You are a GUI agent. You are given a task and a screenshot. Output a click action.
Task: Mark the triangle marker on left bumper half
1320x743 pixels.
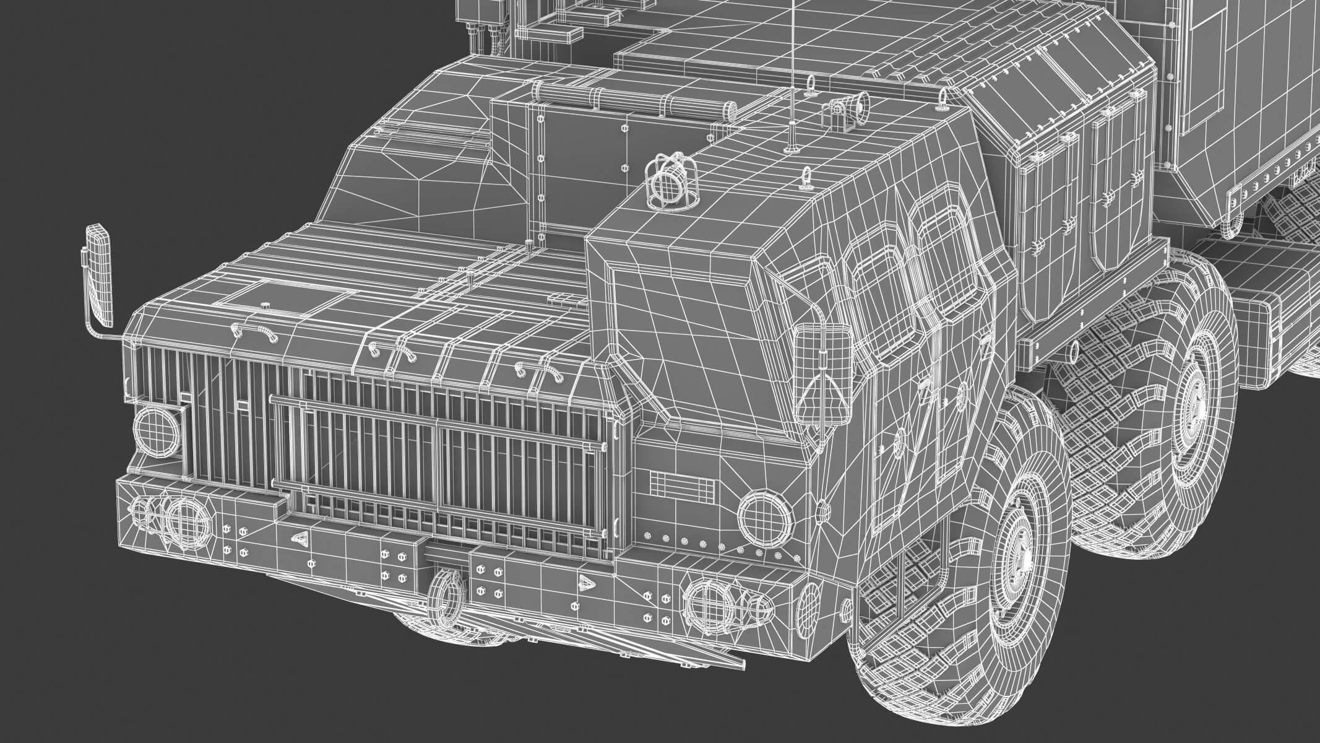click(x=302, y=539)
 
